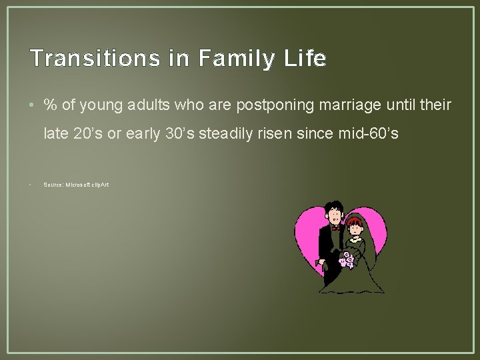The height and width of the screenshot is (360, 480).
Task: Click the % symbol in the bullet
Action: pyautogui.click(x=49, y=105)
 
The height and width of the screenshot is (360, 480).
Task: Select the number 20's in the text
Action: pyautogui.click(x=86, y=134)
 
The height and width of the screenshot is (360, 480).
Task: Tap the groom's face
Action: pyautogui.click(x=333, y=215)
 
